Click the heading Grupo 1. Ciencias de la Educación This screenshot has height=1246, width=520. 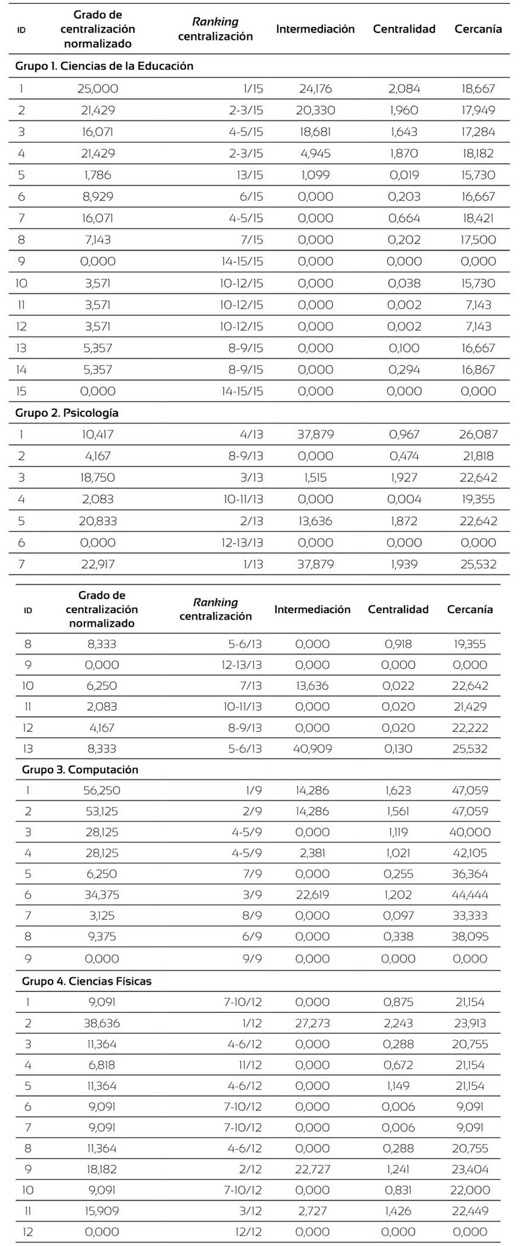104,66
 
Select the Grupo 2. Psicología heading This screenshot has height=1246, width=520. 67,413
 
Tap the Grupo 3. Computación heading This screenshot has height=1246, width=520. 80,769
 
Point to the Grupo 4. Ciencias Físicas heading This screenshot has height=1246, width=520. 86,981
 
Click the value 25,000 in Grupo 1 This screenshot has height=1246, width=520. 97,89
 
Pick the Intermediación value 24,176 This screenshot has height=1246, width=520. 315,89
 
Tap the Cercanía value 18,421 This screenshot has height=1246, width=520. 478,218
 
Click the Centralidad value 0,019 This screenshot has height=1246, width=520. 404,175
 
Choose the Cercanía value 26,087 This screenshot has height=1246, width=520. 478,434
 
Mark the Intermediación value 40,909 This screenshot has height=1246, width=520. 312,748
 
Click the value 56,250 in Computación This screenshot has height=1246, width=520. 101,790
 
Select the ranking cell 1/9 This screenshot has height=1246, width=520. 254,790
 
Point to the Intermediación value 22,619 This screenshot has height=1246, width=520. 312,895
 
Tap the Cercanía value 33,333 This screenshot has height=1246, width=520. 470,916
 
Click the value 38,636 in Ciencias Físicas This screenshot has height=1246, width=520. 101,1023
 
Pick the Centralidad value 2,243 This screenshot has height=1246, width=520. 398,1023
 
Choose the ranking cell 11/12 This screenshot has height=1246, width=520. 251,1065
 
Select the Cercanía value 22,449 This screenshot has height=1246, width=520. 470,1210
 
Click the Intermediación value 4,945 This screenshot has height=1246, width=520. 315,153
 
